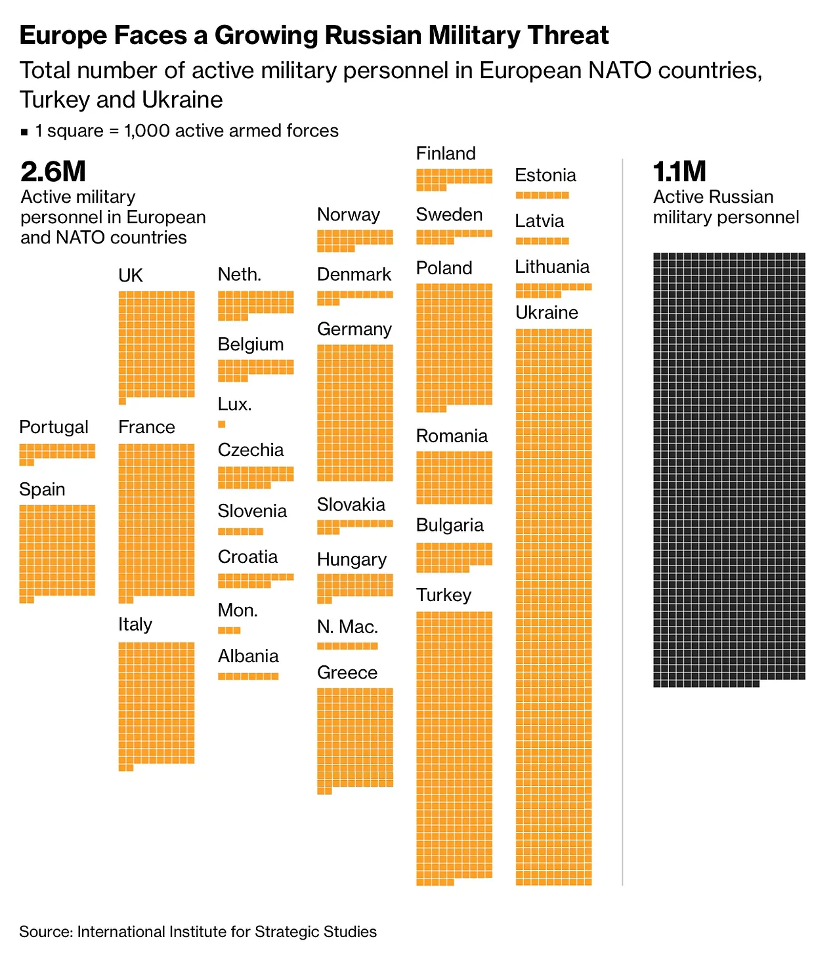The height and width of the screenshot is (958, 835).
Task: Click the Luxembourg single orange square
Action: tap(222, 425)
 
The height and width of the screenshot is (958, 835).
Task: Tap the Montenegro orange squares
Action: tap(229, 631)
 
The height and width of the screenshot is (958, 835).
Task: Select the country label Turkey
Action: tap(444, 595)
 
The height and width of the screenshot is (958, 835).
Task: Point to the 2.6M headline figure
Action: tap(53, 172)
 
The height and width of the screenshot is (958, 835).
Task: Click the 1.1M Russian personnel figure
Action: tap(679, 172)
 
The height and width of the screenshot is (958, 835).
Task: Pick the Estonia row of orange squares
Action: tap(542, 195)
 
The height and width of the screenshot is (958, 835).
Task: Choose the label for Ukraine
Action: tap(546, 313)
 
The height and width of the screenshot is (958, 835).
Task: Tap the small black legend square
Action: tap(24, 132)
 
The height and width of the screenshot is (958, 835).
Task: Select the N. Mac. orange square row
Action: tap(347, 646)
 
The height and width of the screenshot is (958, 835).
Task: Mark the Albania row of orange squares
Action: tap(248, 677)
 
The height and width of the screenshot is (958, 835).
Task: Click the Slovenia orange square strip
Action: tap(240, 531)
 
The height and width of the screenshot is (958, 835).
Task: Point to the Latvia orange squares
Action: tap(542, 241)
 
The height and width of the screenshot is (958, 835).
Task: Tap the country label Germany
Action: tap(354, 329)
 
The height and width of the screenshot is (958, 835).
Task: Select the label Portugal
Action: tap(54, 427)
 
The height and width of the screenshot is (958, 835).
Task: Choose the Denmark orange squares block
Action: tap(354, 297)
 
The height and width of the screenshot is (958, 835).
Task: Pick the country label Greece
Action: tap(347, 673)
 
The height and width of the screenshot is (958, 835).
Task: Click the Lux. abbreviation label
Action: tap(235, 404)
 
